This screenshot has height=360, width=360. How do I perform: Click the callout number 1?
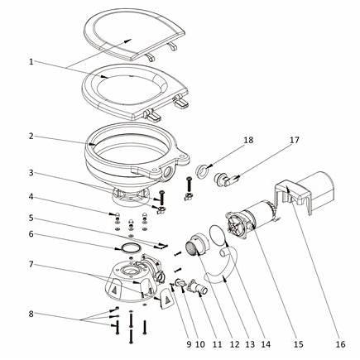tap(31, 61)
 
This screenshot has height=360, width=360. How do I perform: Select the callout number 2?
tap(31, 136)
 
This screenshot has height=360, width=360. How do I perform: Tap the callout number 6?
tap(31, 234)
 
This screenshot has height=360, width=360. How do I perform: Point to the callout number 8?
tap(31, 314)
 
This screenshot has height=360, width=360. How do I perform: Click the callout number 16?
tap(341, 344)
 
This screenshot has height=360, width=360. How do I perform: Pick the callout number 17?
tap(295, 140)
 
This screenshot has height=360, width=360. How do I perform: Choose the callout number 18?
tap(248, 140)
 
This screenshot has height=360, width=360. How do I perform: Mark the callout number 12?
tap(235, 344)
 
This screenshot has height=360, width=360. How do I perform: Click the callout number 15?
tap(299, 344)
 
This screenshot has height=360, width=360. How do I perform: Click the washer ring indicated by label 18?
tap(202, 173)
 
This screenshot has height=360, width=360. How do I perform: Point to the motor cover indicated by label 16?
tap(305, 194)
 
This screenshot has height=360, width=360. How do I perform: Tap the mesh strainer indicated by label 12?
tap(191, 247)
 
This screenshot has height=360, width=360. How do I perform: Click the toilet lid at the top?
tap(135, 32)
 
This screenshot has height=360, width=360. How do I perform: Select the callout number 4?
tap(31, 197)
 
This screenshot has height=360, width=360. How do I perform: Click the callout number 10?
tap(200, 344)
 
